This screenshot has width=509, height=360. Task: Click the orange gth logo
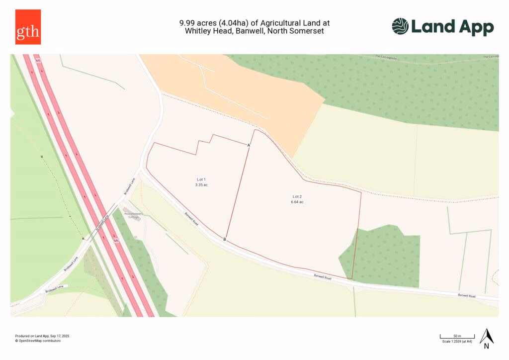click(x=28, y=27)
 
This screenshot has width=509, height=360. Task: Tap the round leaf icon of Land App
click(x=400, y=26)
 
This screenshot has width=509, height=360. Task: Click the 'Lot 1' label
click(x=201, y=179)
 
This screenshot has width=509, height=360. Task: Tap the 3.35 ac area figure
click(x=201, y=184)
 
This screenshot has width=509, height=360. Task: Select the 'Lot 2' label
click(x=297, y=197)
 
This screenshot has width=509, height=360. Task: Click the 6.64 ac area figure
click(x=297, y=202)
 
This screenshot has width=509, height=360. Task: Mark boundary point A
click(x=249, y=145)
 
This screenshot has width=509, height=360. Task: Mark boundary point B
click(x=225, y=240)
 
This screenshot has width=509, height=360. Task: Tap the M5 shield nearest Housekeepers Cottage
click(x=116, y=241)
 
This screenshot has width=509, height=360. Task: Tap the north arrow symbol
click(x=487, y=337)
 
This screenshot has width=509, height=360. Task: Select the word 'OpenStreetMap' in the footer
click(x=32, y=341)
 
